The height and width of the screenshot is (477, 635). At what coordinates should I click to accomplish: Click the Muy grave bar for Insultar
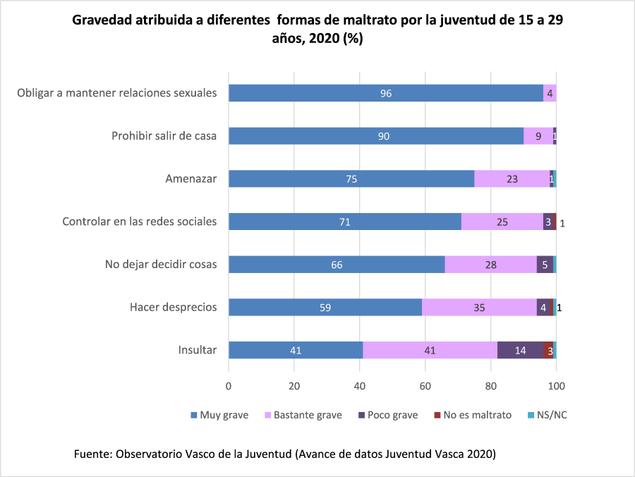pyautogui.click(x=296, y=350)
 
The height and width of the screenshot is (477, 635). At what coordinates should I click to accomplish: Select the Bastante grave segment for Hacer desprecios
pyautogui.click(x=479, y=307)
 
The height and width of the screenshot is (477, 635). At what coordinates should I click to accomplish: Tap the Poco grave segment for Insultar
pyautogui.click(x=520, y=350)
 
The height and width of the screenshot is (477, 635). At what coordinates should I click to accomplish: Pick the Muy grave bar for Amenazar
pyautogui.click(x=351, y=179)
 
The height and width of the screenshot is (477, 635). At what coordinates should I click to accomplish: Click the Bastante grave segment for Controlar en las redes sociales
pyautogui.click(x=502, y=222)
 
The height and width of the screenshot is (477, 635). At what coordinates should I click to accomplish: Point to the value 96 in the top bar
pyautogui.click(x=386, y=93)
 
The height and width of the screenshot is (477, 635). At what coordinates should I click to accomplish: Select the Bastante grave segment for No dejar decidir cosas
pyautogui.click(x=491, y=265)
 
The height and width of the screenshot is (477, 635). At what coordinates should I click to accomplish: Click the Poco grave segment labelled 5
pyautogui.click(x=545, y=265)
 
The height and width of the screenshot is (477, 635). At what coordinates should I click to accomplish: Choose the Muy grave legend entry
pyautogui.click(x=219, y=415)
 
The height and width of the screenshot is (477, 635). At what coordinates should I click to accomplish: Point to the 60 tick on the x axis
pyautogui.click(x=425, y=386)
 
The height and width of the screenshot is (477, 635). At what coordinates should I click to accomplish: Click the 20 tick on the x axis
pyautogui.click(x=294, y=386)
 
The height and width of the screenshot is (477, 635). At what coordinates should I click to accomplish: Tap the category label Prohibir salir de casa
pyautogui.click(x=164, y=136)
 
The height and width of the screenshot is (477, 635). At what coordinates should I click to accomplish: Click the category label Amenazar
pyautogui.click(x=190, y=179)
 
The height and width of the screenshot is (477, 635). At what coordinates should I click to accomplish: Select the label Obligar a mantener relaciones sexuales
pyautogui.click(x=116, y=93)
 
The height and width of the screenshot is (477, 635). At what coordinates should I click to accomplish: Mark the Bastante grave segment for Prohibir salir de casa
pyautogui.click(x=538, y=136)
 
